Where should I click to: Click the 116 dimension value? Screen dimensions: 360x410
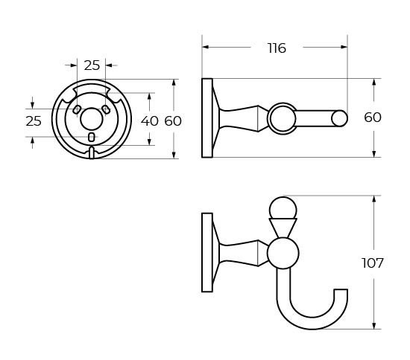277,48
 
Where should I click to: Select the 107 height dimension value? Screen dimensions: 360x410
372,263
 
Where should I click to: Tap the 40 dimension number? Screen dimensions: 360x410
149,120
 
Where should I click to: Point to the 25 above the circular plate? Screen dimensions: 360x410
92,65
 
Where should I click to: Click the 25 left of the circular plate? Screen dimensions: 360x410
33,120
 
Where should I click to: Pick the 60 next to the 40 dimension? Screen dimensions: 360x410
173,120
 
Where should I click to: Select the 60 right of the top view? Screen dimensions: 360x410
372,118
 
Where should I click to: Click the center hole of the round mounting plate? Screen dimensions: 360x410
91,118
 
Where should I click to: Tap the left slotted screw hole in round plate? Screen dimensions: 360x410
76,109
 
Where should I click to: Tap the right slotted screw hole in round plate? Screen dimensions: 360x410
106,109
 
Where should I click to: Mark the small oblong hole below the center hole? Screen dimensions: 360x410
91,137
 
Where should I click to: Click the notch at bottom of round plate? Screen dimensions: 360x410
91,152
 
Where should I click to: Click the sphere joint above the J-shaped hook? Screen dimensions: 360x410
283,253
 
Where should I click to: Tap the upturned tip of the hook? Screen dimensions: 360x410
341,294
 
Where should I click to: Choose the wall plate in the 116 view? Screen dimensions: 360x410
206,118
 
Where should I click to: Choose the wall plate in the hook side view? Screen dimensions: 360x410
206,252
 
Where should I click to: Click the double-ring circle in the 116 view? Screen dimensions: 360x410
281,118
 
